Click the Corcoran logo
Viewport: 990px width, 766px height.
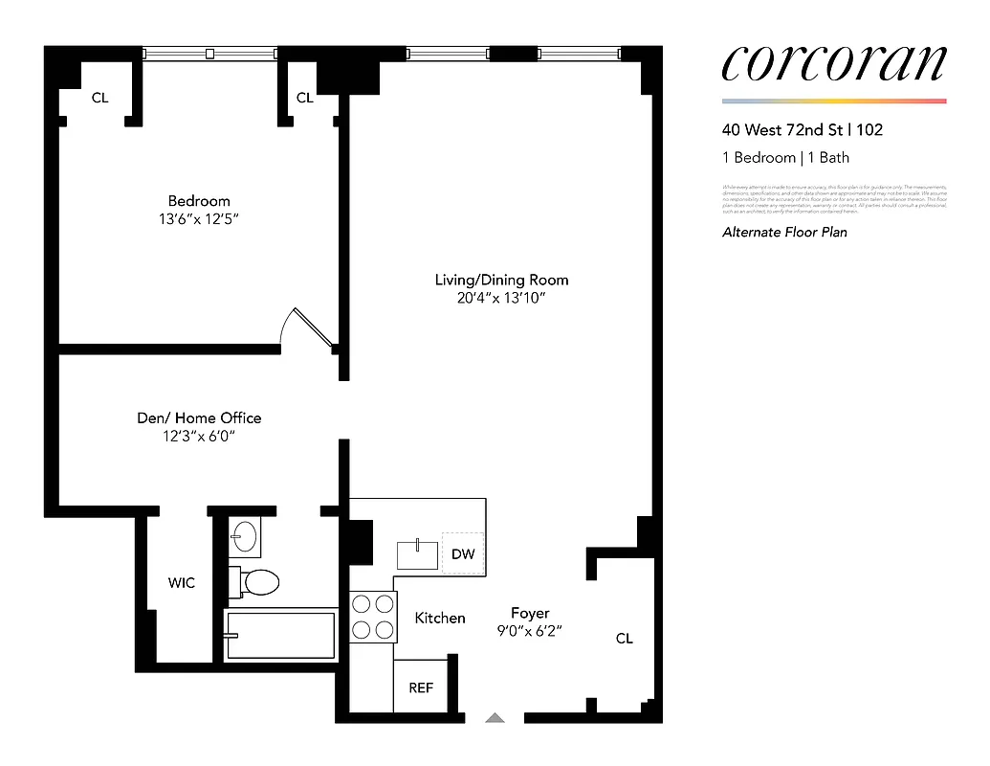coord(833,64)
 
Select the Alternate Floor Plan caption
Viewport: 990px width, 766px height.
coord(784,232)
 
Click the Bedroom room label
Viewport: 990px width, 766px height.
coord(199,201)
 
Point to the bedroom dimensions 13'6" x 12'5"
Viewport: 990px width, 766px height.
coord(199,219)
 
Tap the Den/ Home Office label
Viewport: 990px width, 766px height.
coord(198,418)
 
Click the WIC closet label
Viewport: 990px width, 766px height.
coord(182,582)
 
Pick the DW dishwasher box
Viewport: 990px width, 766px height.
coord(463,553)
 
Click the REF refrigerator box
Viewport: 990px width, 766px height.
coord(421,687)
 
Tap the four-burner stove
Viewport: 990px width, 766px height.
coord(373,617)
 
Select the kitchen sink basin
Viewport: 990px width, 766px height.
coord(418,554)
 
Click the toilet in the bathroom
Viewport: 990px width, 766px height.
coord(256,581)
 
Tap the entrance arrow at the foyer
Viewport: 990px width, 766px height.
coord(495,717)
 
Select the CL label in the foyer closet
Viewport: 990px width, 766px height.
coord(624,639)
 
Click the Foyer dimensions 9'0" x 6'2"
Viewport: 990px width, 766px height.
coord(529,631)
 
